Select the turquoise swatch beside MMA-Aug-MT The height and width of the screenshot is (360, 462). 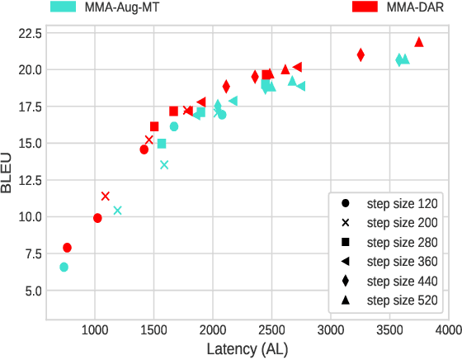coord(64,7)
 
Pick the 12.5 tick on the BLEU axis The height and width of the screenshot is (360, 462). coord(27,180)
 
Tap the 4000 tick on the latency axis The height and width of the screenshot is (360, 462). coord(449,330)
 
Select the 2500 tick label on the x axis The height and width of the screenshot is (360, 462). coord(271,330)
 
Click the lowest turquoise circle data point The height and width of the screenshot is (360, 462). coord(64,267)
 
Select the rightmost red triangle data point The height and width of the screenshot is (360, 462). coord(419,42)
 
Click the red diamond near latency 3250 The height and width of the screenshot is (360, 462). coord(361,54)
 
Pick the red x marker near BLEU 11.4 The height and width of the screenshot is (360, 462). coord(105,196)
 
